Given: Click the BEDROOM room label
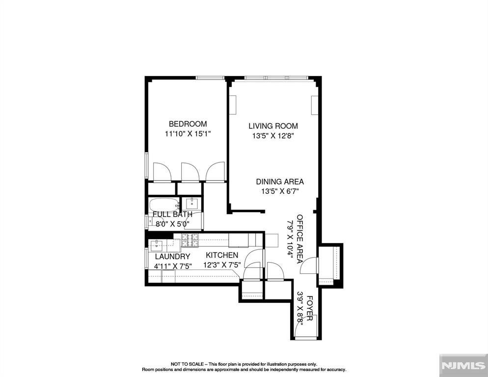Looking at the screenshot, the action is pyautogui.click(x=188, y=124).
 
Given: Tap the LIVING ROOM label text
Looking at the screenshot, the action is pyautogui.click(x=273, y=126).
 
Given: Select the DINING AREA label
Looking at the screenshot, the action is pyautogui.click(x=280, y=182).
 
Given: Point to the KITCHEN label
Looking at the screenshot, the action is pyautogui.click(x=222, y=255).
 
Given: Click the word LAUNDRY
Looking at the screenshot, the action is pyautogui.click(x=172, y=257).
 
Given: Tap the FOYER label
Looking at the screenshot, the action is pyautogui.click(x=309, y=308).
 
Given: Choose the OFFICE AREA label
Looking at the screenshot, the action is pyautogui.click(x=299, y=239).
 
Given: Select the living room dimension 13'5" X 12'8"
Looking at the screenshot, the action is pyautogui.click(x=273, y=136).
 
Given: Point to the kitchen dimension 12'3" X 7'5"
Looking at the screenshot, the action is pyautogui.click(x=222, y=265).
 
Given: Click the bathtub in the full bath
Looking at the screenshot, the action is pyautogui.click(x=164, y=206).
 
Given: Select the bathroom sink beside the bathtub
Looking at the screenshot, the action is pyautogui.click(x=191, y=204).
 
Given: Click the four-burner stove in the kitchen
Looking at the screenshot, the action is pyautogui.click(x=190, y=240).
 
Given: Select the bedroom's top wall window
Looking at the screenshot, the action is pyautogui.click(x=210, y=78).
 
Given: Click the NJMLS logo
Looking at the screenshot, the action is pyautogui.click(x=463, y=366).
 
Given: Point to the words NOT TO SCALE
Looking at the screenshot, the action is pyautogui.click(x=187, y=364).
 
